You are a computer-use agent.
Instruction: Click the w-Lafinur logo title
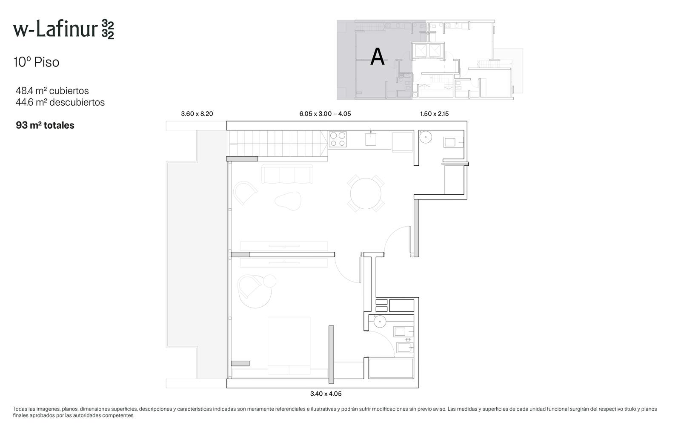[x=63, y=29]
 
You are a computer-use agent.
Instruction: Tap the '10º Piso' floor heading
[x=36, y=62]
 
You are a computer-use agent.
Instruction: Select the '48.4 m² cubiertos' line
[x=52, y=91]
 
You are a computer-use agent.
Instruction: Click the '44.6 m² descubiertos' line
[x=60, y=102]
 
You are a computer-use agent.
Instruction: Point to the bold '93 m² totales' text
[x=45, y=125]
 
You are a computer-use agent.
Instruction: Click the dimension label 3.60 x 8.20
[x=197, y=114]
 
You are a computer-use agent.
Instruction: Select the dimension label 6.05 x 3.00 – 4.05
[x=325, y=114]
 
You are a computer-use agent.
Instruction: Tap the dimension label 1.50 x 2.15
[x=435, y=114]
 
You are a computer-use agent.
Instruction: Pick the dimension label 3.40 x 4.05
[x=326, y=394]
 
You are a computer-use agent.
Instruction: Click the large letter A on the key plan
[x=377, y=57]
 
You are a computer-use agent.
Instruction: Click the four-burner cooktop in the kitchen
[x=338, y=139]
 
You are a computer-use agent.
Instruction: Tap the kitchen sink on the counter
[x=371, y=139]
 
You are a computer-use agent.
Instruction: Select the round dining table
[x=366, y=193]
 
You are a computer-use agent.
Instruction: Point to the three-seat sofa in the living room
[x=287, y=174]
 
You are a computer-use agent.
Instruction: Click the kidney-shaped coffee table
[x=288, y=201]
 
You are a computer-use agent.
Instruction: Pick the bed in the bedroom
[x=289, y=345]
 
